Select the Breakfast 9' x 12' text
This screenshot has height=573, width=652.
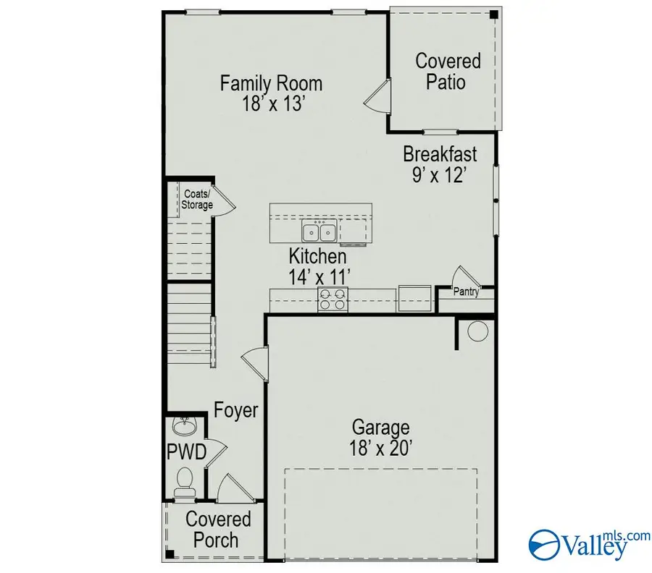coord(440,164)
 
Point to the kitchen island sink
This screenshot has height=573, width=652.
coord(318,232)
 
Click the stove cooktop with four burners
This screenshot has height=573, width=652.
coord(333,300)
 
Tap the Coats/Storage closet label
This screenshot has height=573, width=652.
coord(197,200)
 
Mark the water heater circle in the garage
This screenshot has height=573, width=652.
coord(477,332)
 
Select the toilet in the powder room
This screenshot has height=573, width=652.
coord(185,480)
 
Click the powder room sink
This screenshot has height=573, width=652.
coord(185,425)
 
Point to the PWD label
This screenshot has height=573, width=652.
coord(187,454)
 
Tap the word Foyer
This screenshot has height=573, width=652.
coord(236,411)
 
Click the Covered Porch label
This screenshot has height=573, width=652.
coord(218,529)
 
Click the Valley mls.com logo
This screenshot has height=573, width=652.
coord(580,543)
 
